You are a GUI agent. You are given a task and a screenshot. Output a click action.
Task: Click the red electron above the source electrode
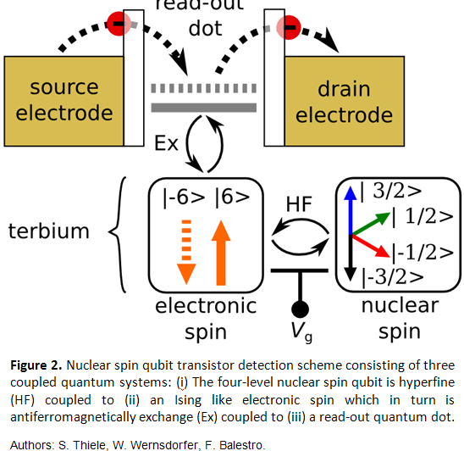coord(119,24)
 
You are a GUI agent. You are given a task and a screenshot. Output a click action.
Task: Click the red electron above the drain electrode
coord(289,27)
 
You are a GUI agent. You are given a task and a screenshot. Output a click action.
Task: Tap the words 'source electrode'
coord(64,100)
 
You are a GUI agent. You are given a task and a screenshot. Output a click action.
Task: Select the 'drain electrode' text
coord(344,102)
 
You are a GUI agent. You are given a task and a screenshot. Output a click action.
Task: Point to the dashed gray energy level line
coord(203,88)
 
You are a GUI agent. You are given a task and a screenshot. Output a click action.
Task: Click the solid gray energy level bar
coord(203,108)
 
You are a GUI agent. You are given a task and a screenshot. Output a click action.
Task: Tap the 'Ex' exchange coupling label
coord(166,144)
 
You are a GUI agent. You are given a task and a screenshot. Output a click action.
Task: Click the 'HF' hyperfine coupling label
coord(299,204)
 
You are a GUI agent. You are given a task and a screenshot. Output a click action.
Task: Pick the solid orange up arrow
coord(221,253)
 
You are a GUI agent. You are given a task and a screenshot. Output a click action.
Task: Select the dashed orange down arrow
coord(186,253)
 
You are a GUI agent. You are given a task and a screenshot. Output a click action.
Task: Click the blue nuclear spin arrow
coord(351,210)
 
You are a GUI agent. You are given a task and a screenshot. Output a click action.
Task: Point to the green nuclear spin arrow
coord(371,224)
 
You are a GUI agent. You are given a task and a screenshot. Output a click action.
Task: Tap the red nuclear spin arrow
coord(371,246)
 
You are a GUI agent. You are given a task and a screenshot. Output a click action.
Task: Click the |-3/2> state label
coord(393,278)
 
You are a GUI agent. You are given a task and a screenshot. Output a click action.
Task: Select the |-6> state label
coord(184,198)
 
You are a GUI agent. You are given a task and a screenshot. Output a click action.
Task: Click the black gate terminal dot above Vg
coord(300,309)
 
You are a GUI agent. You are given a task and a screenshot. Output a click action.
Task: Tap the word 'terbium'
coord(49,231)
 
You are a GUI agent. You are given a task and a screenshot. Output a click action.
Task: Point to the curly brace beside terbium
coord(118,235)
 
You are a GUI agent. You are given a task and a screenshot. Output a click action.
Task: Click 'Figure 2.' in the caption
coord(36,365)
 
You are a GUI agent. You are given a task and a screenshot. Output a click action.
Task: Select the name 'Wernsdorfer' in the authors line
coord(164,445)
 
